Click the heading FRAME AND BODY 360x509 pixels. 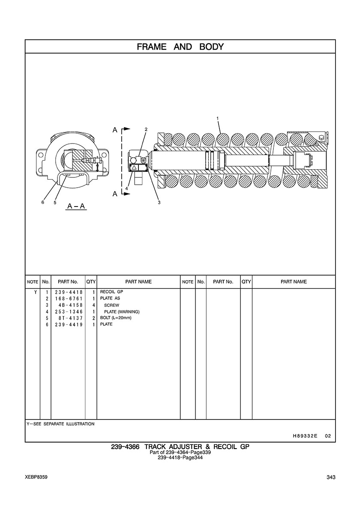tap(180, 47)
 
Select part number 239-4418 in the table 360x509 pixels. tap(69, 292)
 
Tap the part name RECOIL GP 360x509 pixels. tap(112, 292)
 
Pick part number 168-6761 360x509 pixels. tap(69, 299)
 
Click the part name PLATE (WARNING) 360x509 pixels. tap(122, 311)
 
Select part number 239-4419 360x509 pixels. tap(69, 325)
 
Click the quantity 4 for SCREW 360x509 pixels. tap(93, 305)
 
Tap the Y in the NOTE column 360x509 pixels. tap(36, 292)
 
